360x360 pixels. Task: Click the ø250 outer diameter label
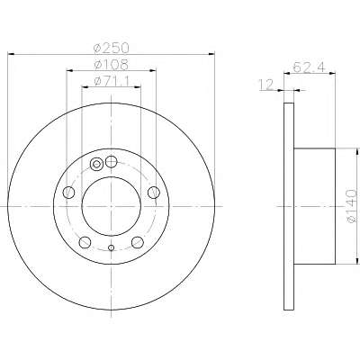point(111,48)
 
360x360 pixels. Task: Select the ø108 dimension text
point(111,65)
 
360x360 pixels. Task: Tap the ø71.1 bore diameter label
point(111,81)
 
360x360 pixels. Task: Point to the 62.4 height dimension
point(309,67)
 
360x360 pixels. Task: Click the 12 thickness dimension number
point(266,85)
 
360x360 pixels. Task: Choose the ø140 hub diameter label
point(351,206)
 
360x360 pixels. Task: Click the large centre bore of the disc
point(112,206)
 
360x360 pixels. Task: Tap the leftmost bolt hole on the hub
point(68,192)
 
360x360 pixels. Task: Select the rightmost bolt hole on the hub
point(154,192)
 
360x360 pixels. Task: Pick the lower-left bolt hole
point(85,242)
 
